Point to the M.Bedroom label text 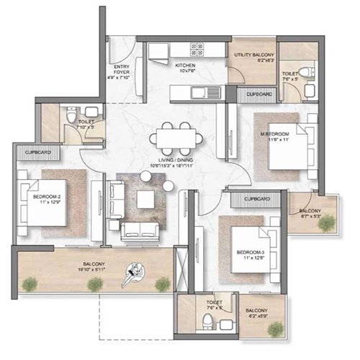point(274,134)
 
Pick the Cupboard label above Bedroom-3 point(256,198)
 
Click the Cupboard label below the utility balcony point(259,94)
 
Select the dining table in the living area point(173,138)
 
